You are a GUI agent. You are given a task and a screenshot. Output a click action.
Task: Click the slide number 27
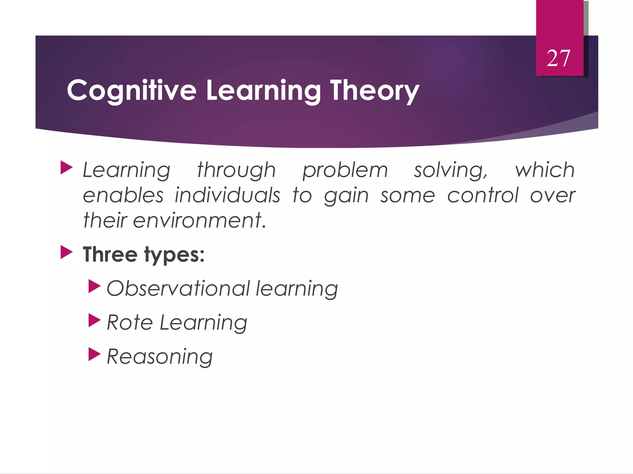pos(558,58)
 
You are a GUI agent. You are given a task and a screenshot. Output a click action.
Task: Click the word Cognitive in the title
pos(132,90)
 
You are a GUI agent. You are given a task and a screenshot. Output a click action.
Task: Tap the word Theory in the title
pos(375,90)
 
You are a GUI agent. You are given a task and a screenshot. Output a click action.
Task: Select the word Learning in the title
pos(263,90)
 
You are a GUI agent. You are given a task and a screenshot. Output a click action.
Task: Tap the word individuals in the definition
pos(227,195)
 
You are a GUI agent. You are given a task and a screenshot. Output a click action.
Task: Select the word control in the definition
pos(483,195)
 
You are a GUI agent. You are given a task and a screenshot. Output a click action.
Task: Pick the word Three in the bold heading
pos(110,255)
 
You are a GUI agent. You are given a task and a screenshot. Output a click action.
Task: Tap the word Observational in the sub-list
pos(178,289)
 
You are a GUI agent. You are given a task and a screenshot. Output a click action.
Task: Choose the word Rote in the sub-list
pos(130,322)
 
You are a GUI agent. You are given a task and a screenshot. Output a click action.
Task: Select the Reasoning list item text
pos(159,357)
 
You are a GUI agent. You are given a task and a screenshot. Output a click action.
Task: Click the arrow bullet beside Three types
pos(66,252)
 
